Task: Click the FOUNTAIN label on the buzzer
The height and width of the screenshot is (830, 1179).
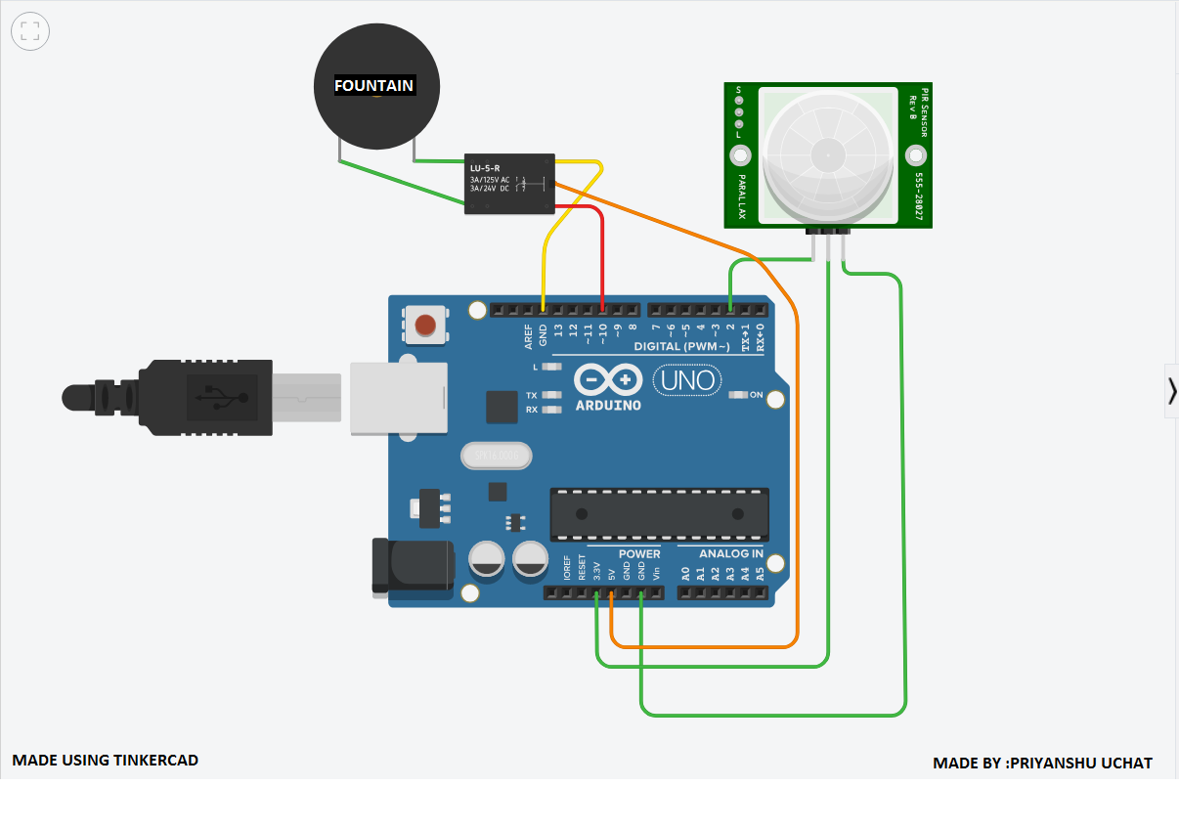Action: pos(374,86)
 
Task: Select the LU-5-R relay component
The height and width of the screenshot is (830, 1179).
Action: pos(508,183)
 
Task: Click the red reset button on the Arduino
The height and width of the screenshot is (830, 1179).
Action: pos(426,325)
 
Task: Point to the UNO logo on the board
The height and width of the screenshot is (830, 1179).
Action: pos(687,379)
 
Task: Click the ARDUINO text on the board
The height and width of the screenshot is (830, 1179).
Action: pos(608,404)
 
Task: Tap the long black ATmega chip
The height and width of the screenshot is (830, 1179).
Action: pos(659,514)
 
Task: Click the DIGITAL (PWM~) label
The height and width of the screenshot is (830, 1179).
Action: pos(681,347)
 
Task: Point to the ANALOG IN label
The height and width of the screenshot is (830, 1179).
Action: pos(731,553)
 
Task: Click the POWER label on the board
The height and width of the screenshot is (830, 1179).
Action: pos(639,553)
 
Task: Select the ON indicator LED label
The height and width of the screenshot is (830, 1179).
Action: pos(756,395)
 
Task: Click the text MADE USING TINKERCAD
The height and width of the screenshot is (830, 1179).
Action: pos(105,760)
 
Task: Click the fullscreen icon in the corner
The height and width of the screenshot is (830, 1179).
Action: pos(29,30)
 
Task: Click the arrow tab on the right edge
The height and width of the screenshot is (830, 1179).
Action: pos(1171,390)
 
